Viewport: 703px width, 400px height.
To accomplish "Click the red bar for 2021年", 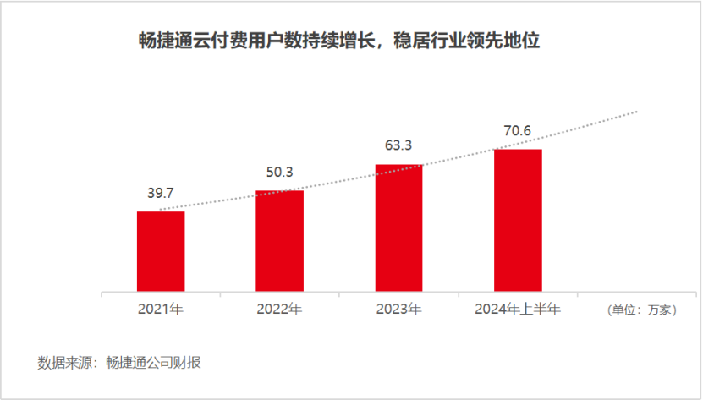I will (x=161, y=252).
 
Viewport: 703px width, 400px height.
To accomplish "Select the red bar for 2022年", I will (x=279, y=242).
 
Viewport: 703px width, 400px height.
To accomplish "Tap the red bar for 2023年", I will (x=398, y=228).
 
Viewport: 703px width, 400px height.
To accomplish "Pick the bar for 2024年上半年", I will (x=518, y=221).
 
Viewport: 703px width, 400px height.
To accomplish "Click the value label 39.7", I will (x=161, y=195).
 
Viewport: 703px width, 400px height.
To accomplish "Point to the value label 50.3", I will (x=279, y=173).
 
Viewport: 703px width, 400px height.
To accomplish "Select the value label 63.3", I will (x=398, y=146).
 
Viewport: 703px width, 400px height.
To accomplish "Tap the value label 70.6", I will (x=517, y=131).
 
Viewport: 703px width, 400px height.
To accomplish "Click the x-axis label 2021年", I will (x=161, y=310).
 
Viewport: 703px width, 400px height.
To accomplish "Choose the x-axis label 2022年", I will (x=279, y=310).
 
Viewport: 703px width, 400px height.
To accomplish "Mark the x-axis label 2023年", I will (x=398, y=310).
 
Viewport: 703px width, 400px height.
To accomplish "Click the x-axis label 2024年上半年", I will (x=518, y=310).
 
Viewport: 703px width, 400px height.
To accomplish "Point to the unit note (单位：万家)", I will (x=641, y=310).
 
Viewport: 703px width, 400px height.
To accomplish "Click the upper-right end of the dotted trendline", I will (x=636, y=111).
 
